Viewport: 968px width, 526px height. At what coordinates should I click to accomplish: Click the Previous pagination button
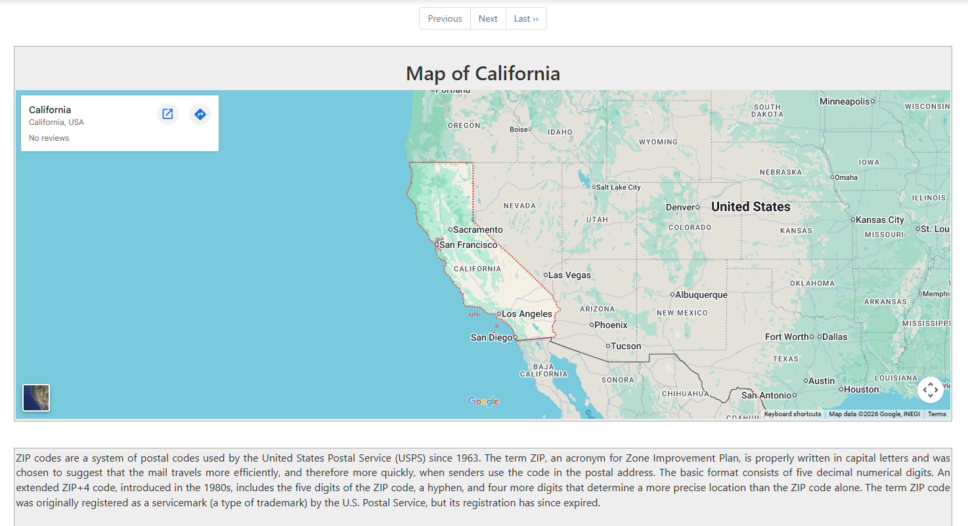tap(445, 18)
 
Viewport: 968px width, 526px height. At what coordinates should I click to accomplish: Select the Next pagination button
tap(488, 18)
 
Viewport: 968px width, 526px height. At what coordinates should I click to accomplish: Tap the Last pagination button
tap(526, 18)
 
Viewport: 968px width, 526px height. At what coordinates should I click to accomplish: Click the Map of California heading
tap(483, 73)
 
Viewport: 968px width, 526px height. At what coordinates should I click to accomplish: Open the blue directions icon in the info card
tap(200, 114)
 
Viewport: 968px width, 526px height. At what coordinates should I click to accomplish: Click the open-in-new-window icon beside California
tap(167, 114)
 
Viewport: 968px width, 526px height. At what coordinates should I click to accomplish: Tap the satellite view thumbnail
tap(36, 398)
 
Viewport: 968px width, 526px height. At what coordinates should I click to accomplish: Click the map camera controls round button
tap(930, 390)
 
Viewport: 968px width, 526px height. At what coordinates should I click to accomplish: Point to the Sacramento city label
tap(477, 229)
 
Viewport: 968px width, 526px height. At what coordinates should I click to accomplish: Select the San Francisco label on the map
tap(468, 245)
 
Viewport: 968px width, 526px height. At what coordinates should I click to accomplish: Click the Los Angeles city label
tap(527, 314)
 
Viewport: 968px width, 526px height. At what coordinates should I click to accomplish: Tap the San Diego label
tap(491, 337)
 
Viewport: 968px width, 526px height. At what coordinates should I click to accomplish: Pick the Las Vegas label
tap(569, 275)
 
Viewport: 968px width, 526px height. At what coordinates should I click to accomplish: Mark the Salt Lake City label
tap(618, 187)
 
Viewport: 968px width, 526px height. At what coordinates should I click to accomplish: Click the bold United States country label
tap(751, 206)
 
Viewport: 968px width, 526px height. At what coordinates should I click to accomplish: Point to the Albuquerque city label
tap(701, 295)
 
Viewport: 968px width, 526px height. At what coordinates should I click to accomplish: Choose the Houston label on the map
tap(861, 389)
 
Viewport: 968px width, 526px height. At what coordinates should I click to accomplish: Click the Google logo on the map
tap(483, 401)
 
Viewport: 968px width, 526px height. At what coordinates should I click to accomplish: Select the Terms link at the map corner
tap(936, 414)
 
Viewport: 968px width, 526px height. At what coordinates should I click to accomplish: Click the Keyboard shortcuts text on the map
tap(792, 414)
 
